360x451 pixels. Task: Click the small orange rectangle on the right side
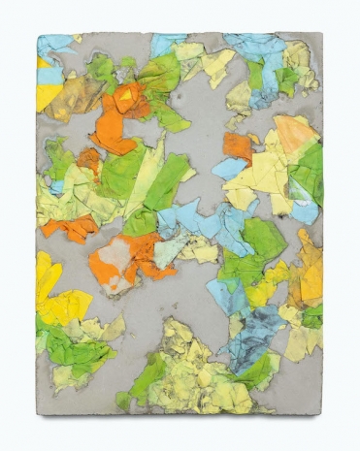pos(237,146)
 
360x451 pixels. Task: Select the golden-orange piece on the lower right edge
pos(309,274)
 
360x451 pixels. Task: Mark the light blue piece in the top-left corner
pos(56,43)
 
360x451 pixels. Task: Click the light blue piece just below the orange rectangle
pos(230,168)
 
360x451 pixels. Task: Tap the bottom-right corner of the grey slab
pos(320,412)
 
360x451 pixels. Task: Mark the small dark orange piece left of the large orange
pos(89,159)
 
